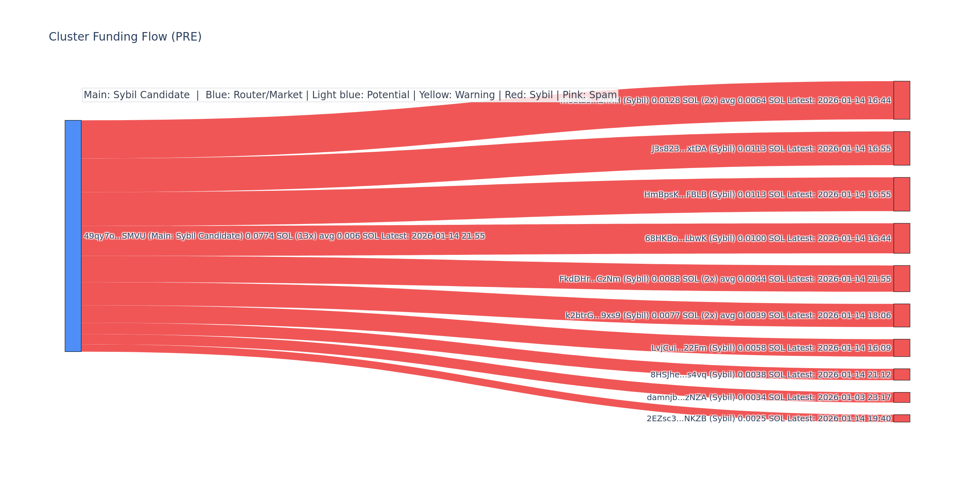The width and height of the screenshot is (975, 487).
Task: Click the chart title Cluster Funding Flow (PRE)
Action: pyautogui.click(x=125, y=37)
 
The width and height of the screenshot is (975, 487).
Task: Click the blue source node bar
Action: pyautogui.click(x=73, y=236)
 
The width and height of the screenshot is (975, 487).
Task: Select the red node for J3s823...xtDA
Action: pyautogui.click(x=901, y=149)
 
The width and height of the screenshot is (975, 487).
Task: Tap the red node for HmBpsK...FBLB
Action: pyautogui.click(x=901, y=194)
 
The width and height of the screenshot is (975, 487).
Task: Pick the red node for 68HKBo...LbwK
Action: pyautogui.click(x=901, y=238)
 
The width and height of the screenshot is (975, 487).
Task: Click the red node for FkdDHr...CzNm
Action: pyautogui.click(x=901, y=279)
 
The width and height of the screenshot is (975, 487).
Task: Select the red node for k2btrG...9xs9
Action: pyautogui.click(x=901, y=315)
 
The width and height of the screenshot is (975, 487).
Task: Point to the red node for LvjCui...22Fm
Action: pyautogui.click(x=901, y=348)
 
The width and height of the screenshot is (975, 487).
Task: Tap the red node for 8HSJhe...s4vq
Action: pyautogui.click(x=901, y=375)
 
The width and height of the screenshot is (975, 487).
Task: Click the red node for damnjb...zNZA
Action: pyautogui.click(x=901, y=397)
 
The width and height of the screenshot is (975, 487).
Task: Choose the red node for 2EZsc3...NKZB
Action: pyautogui.click(x=901, y=418)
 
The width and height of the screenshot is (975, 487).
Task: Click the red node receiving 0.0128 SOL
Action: pyautogui.click(x=901, y=100)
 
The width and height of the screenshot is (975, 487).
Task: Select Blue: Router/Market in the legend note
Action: pyautogui.click(x=254, y=95)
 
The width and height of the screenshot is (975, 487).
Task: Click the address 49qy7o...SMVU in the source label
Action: pyautogui.click(x=115, y=236)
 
